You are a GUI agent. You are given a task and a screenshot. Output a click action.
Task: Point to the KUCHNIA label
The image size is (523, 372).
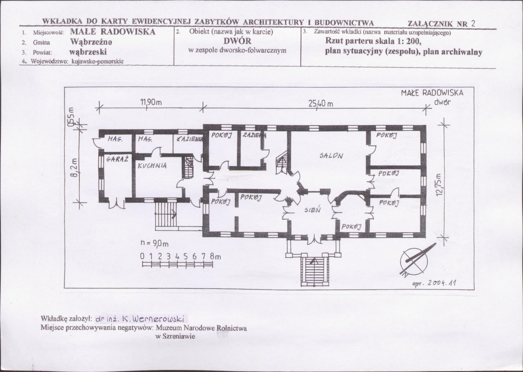tap(151, 166)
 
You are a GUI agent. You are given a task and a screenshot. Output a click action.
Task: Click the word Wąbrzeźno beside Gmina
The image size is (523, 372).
tap(91, 42)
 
